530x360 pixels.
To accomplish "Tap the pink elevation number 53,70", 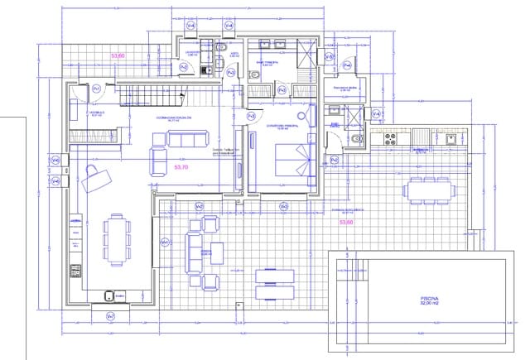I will coord(182,166).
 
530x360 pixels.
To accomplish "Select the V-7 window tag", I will coord(111,317).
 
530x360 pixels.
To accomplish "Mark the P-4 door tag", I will coord(335,159).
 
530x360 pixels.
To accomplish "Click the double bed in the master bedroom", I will coord(294,161).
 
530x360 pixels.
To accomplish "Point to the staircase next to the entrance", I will coord(152,98).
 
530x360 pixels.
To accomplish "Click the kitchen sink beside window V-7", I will coord(108,295).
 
